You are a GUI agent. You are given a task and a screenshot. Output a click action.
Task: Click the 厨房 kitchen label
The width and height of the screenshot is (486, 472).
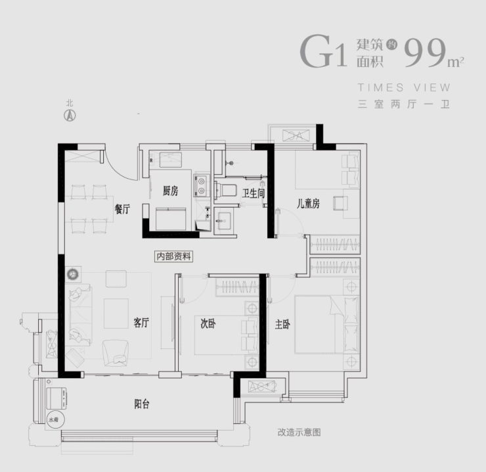coord(170,191)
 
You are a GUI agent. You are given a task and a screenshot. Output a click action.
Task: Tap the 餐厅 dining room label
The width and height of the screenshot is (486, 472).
coord(122,209)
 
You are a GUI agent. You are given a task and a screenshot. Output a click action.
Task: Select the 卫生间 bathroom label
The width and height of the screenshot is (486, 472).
coord(252,193)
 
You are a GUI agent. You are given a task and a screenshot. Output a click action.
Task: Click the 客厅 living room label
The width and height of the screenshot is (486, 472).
coord(141,323)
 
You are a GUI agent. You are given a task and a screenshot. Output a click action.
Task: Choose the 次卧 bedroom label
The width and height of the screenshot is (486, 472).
coord(208,323)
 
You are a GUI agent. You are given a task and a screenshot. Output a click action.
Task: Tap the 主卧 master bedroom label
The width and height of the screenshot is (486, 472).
coord(283,323)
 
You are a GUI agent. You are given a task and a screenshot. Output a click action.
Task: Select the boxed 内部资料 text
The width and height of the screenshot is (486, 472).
coord(173,256)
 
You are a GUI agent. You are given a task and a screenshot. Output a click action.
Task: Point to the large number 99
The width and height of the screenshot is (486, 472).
coord(425,53)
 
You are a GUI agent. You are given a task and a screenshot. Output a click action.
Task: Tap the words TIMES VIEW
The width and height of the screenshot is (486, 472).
coord(404,87)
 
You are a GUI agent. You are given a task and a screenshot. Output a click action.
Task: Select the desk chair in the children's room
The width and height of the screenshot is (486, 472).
coord(341,202)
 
